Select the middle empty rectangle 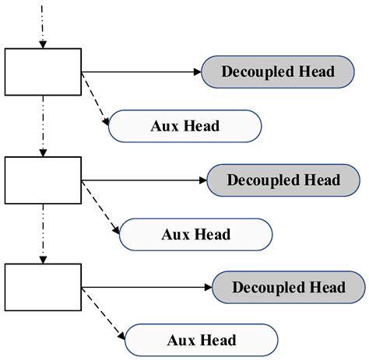[43, 180]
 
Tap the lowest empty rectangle [43, 288]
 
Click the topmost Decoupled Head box [278, 72]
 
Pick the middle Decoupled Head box [283, 180]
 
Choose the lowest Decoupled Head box [288, 288]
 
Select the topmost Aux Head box [184, 125]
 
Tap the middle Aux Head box [195, 232]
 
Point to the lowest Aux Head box [201, 340]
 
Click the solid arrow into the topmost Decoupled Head [140, 72]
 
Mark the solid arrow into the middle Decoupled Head [143, 180]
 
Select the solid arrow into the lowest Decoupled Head [146, 288]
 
